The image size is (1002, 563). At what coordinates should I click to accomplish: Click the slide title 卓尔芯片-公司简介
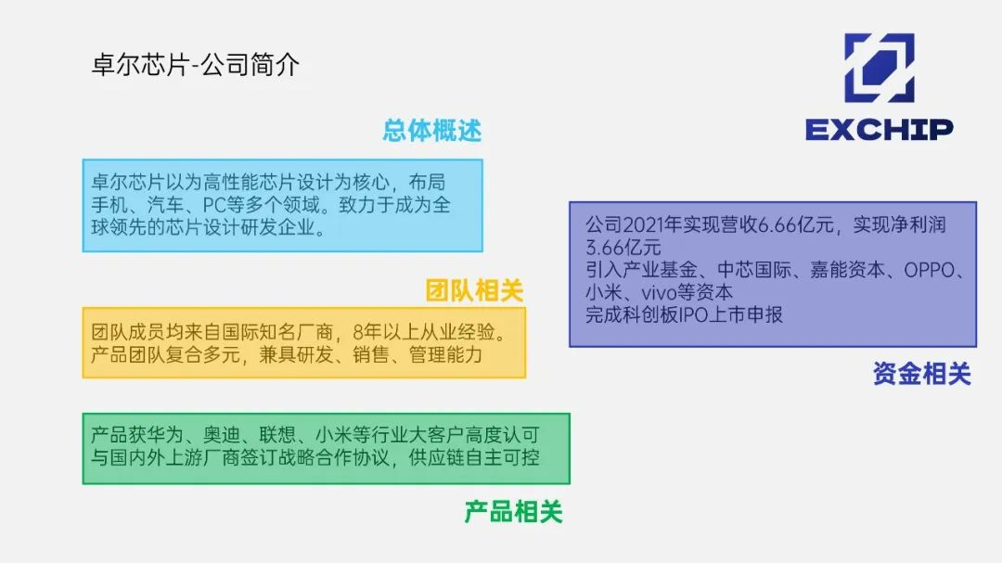pos(196,65)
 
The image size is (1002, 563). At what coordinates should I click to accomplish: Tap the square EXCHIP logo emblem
pos(880,68)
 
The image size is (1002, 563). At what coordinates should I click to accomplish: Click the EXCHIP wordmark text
pos(880,130)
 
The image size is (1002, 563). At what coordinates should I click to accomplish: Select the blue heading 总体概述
pos(432,131)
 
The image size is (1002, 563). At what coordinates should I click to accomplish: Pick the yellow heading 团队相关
pos(474,290)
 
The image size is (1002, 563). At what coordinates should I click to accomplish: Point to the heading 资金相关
pos(922,374)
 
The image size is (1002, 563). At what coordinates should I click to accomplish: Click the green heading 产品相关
pos(513,512)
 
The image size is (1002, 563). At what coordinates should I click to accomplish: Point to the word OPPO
pos(929,270)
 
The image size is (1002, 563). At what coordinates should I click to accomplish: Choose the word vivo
pos(659,293)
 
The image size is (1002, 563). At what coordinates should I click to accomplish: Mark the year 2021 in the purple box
pos(643,225)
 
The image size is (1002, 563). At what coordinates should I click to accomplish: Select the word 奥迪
pos(222,435)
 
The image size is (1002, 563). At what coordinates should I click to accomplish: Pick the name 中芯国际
pos(754,270)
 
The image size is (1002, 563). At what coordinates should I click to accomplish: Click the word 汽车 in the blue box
pos(165,205)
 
